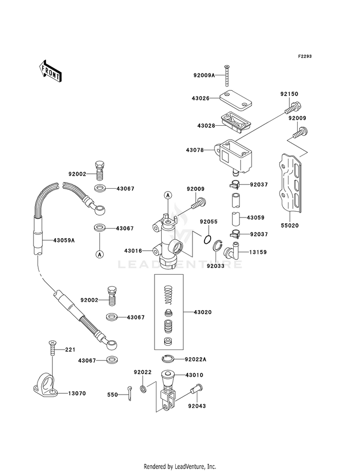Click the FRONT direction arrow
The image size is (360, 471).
coord(50,71)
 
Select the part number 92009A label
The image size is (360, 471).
coord(204,75)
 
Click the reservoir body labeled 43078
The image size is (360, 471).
coord(233,156)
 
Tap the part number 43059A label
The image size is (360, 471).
coord(64,241)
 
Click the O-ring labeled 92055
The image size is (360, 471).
coord(206,240)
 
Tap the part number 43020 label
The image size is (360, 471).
coord(203,312)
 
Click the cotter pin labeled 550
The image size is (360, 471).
coord(129,393)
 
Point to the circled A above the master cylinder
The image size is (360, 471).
coord(168,195)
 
